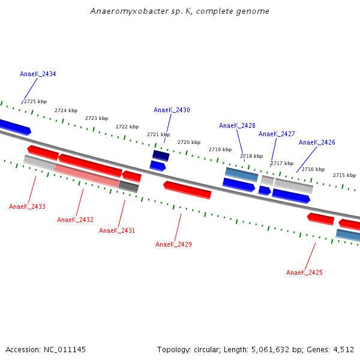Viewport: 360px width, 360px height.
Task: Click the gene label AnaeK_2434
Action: click(38, 74)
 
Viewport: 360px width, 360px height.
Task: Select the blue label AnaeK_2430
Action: click(172, 110)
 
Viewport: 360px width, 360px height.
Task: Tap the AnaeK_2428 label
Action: click(237, 125)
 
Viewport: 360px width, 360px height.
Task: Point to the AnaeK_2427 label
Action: click(277, 134)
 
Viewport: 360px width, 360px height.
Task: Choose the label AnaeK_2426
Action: click(317, 142)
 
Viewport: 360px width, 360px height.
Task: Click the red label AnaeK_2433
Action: click(27, 206)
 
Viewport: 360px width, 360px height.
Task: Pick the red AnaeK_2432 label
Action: click(75, 220)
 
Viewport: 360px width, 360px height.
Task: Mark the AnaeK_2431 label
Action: click(117, 230)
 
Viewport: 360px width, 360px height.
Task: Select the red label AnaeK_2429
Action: click(173, 244)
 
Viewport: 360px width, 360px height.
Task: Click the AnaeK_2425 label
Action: click(304, 272)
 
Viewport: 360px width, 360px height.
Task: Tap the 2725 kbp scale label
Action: click(35, 101)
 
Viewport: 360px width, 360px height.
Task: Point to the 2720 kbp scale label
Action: click(189, 142)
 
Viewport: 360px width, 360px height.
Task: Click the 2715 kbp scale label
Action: click(344, 175)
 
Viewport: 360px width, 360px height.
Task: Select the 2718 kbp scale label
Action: click(251, 156)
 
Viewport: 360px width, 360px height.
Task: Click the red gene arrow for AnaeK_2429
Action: click(187, 190)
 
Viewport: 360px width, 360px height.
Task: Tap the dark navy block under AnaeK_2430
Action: click(161, 155)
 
